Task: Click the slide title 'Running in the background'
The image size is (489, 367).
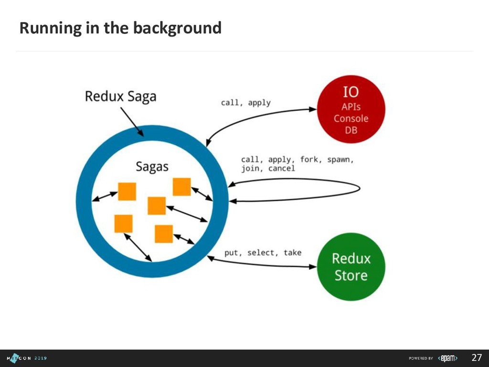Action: pyautogui.click(x=120, y=28)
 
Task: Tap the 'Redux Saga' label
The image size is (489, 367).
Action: pyautogui.click(x=120, y=97)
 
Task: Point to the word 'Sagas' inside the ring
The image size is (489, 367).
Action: pyautogui.click(x=152, y=167)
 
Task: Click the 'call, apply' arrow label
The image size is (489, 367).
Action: pyautogui.click(x=245, y=102)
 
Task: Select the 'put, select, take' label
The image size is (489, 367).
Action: pyautogui.click(x=263, y=252)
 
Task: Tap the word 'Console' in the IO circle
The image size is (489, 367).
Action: pyautogui.click(x=351, y=118)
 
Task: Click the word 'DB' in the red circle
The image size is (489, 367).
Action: pyautogui.click(x=351, y=130)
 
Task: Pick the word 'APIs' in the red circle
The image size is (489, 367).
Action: pyautogui.click(x=351, y=107)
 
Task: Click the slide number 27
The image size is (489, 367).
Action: pyautogui.click(x=477, y=358)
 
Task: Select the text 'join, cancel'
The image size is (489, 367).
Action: pyautogui.click(x=268, y=169)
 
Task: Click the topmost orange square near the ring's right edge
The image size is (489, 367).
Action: pyautogui.click(x=181, y=186)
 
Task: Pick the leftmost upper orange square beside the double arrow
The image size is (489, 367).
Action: pyautogui.click(x=127, y=192)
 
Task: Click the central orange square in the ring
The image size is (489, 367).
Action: pyautogui.click(x=157, y=205)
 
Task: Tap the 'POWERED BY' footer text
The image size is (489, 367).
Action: pyautogui.click(x=421, y=358)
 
